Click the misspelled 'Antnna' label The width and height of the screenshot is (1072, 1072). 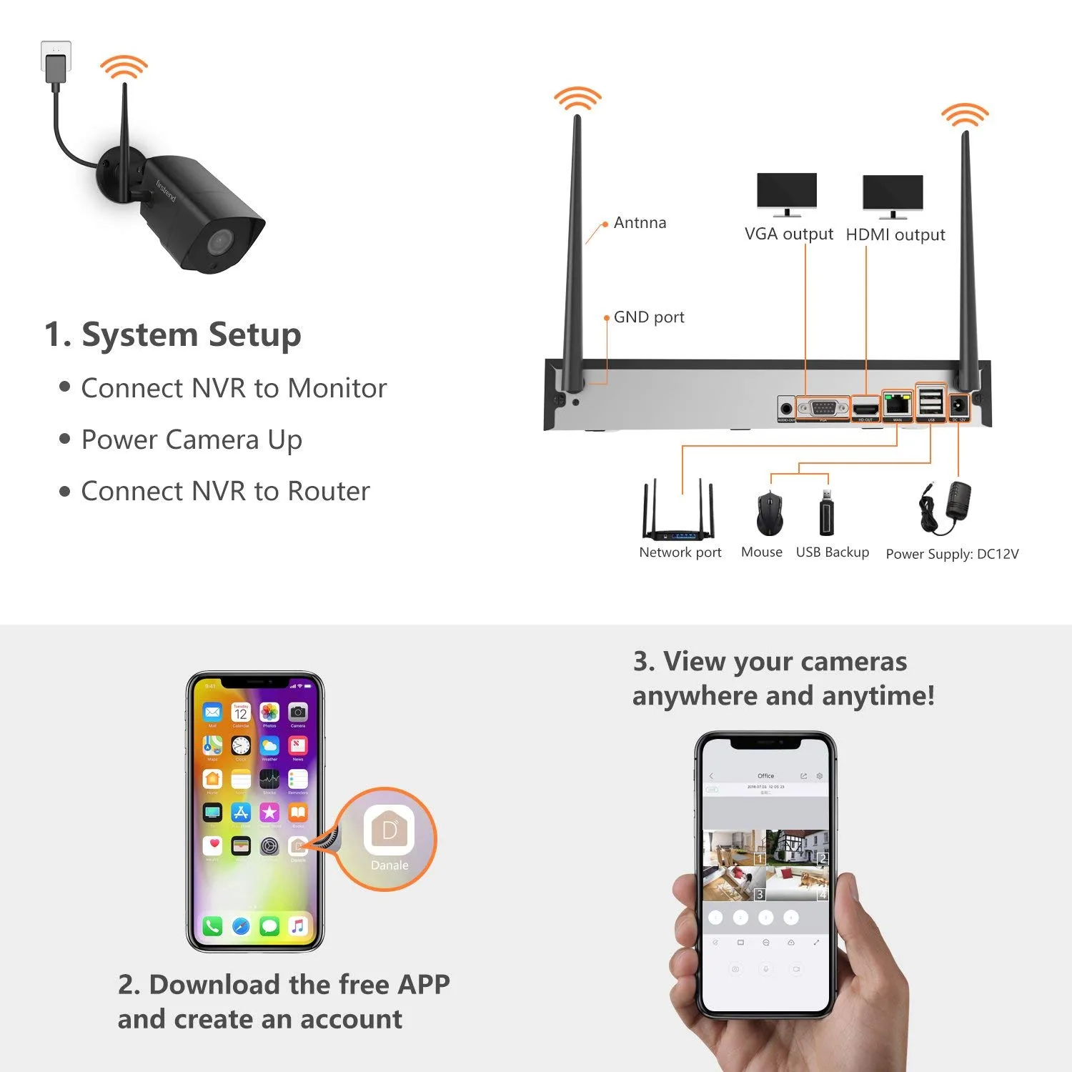pos(640,223)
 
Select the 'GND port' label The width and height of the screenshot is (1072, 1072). pos(648,317)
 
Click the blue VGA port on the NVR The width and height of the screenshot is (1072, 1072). pos(823,408)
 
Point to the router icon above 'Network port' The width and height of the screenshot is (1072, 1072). pos(678,513)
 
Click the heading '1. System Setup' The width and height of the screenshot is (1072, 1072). pos(172,334)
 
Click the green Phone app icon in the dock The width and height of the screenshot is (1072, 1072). pos(212,926)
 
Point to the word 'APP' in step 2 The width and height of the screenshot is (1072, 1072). pos(424,985)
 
